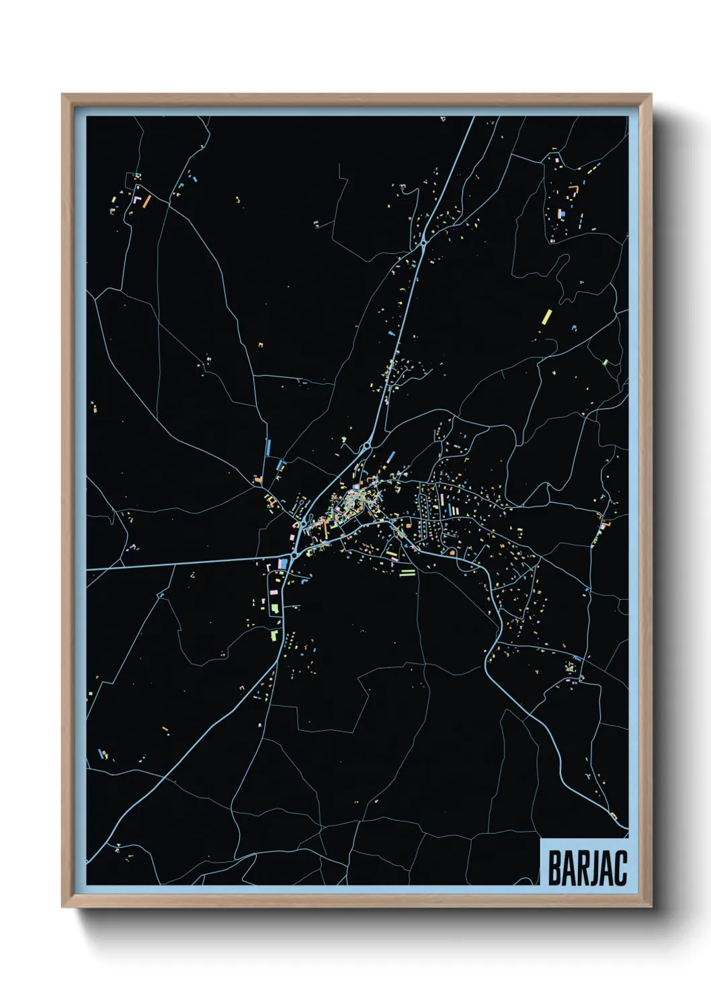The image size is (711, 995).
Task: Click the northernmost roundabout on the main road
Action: (x=423, y=245)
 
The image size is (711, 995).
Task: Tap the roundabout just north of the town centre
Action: (x=367, y=446)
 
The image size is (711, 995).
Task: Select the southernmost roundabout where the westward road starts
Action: (x=294, y=555)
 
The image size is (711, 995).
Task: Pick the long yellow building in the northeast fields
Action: (x=546, y=317)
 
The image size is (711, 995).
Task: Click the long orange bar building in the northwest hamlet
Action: (x=146, y=201)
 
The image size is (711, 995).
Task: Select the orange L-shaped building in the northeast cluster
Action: (x=573, y=190)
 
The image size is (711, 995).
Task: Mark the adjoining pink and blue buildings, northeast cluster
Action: (x=562, y=214)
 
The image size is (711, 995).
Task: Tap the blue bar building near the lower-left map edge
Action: (x=103, y=754)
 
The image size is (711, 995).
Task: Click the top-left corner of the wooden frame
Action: (x=62, y=95)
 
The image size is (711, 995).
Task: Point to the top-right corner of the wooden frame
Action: (x=651, y=95)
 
